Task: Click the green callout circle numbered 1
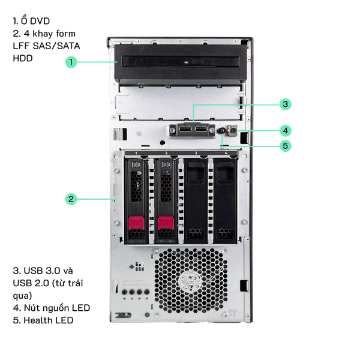pos(71,62)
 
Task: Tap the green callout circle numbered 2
pos(71,199)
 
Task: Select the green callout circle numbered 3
pos(286,104)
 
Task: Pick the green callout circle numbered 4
pos(286,131)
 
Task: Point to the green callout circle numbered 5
pos(286,146)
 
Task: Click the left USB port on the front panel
pos(185,129)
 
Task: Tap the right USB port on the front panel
pos(202,129)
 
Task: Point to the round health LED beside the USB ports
pos(222,131)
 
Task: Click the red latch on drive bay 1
pos(136,223)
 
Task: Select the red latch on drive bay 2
pos(166,223)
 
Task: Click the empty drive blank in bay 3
pos(196,201)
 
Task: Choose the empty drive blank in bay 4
pos(225,201)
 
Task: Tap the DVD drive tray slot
pos(181,62)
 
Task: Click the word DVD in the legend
pos(40,21)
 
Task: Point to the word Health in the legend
pos(38,320)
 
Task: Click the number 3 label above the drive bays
pos(196,153)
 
